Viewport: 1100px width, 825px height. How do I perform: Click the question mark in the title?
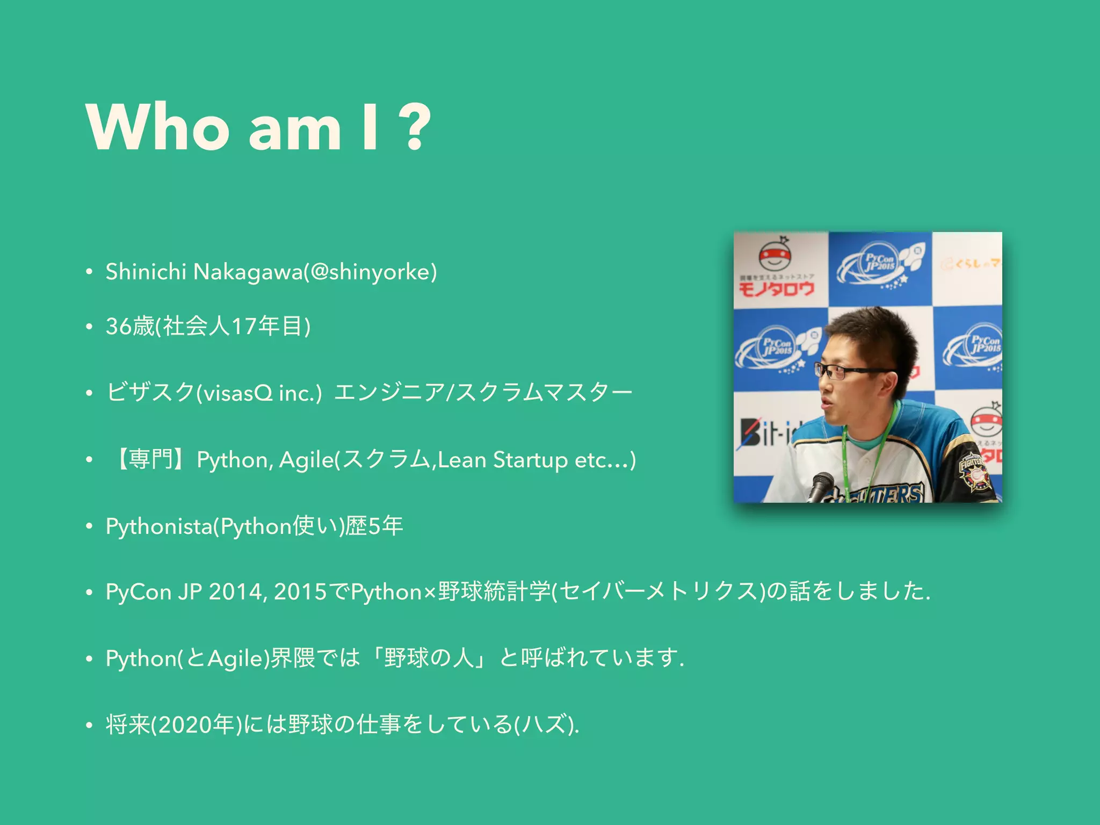pyautogui.click(x=415, y=127)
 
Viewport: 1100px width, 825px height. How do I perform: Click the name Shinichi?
pyautogui.click(x=146, y=272)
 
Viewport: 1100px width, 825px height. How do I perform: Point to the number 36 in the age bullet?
pyautogui.click(x=119, y=326)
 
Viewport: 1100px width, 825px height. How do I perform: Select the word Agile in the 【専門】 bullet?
pyautogui.click(x=306, y=460)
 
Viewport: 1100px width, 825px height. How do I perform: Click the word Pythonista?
pyautogui.click(x=159, y=526)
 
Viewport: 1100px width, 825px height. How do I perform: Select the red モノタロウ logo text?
pyautogui.click(x=776, y=290)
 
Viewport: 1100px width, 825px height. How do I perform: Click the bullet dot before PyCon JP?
pyautogui.click(x=89, y=592)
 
